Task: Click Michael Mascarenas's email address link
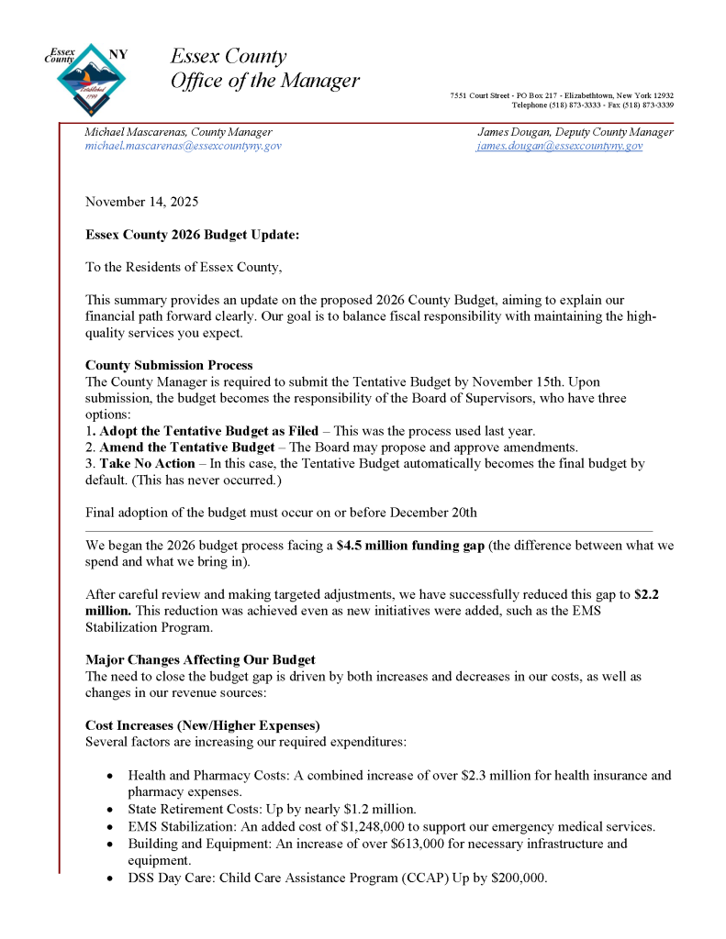pos(184,146)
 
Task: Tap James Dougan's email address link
pos(559,146)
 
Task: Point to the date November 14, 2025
pos(141,201)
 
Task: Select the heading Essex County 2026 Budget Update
pos(192,235)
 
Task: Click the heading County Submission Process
pos(169,365)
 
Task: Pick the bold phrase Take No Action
pos(147,464)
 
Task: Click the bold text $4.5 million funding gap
pos(410,545)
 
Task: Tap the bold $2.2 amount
pos(646,593)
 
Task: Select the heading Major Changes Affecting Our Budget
pos(200,659)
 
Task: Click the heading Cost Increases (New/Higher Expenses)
pos(203,724)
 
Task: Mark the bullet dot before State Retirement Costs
pos(109,810)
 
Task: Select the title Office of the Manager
pos(265,81)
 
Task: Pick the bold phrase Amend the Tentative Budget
pos(187,447)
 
